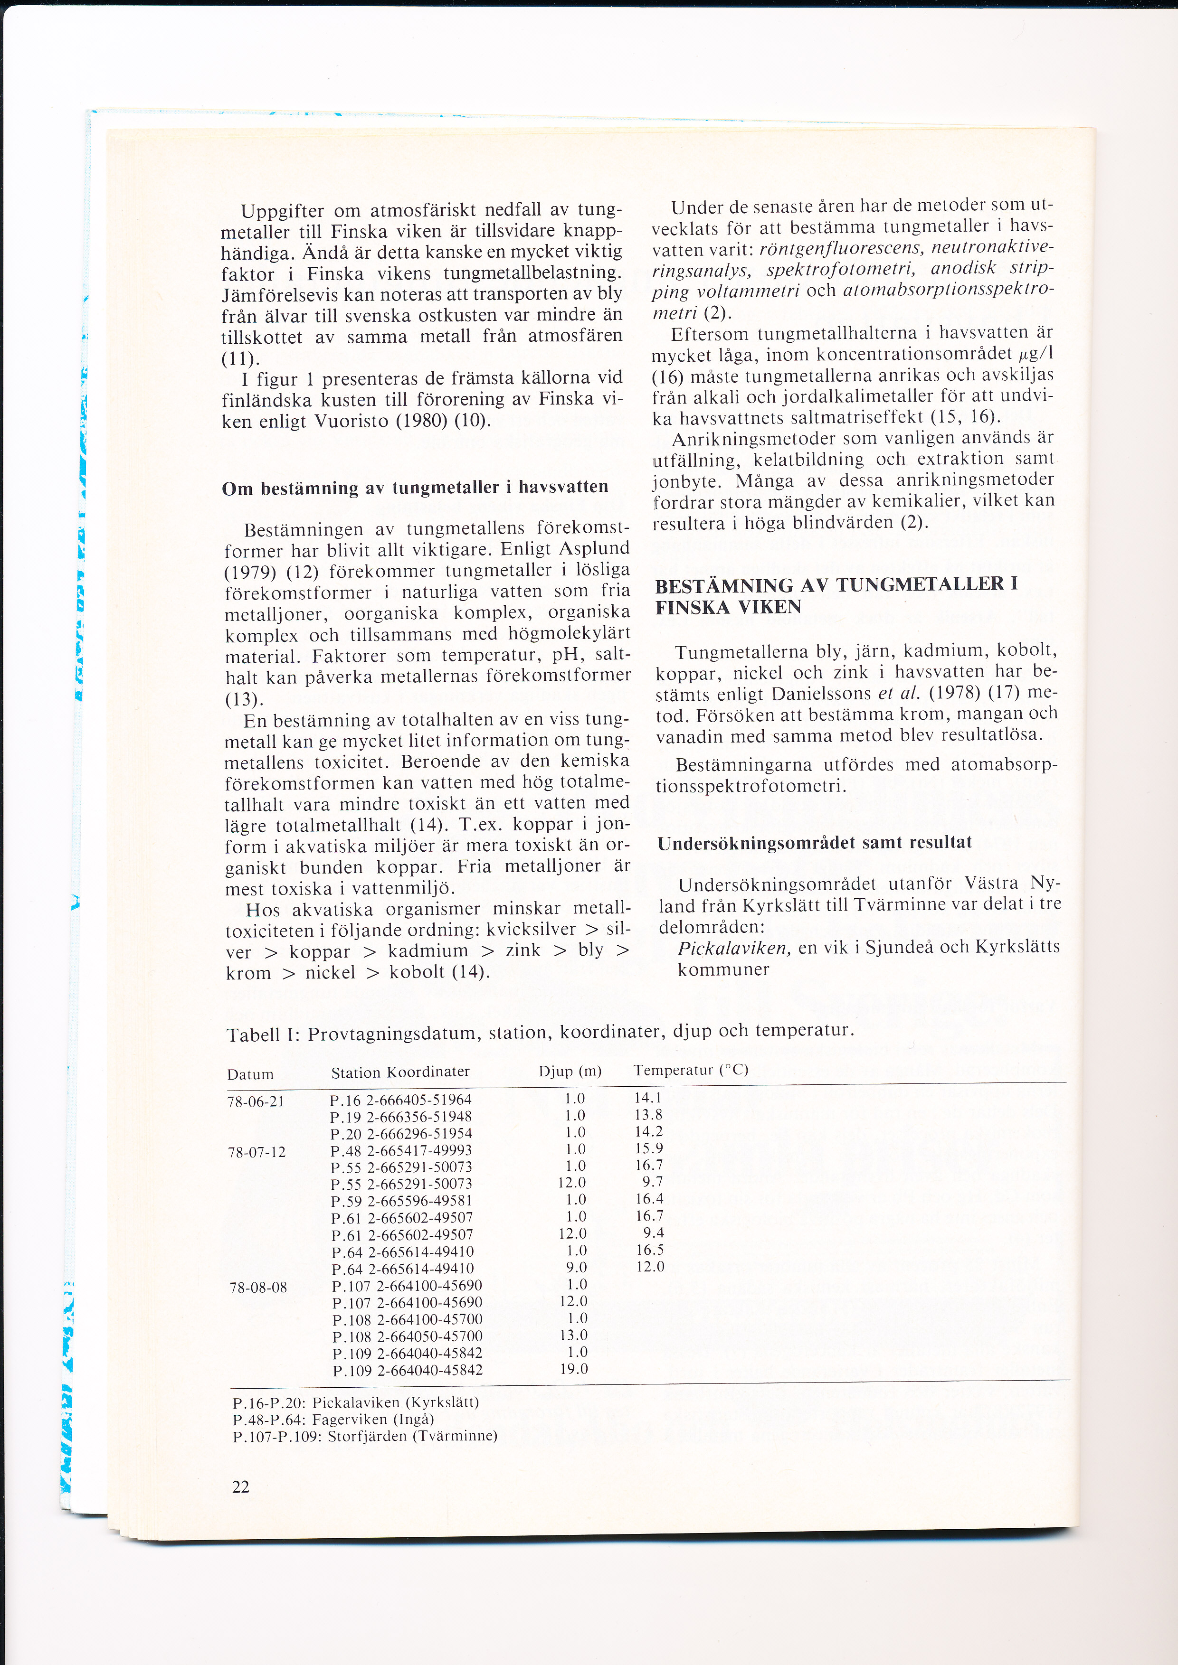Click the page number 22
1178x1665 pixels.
point(241,1486)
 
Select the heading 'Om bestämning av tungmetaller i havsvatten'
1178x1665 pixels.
point(415,487)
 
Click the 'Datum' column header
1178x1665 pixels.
point(250,1074)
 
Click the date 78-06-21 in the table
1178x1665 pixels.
point(256,1101)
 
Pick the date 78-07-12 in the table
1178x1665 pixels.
point(257,1152)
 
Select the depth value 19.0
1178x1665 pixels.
point(574,1368)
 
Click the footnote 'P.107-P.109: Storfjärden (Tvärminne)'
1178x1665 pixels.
point(365,1436)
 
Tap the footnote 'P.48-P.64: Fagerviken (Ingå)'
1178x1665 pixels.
point(333,1419)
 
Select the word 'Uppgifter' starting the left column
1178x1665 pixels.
point(283,212)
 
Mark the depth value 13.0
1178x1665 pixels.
point(574,1334)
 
